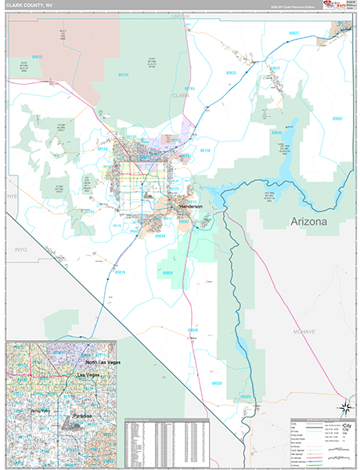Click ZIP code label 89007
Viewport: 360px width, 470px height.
337,118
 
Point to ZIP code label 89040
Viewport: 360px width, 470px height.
276,133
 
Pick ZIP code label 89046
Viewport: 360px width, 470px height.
192,331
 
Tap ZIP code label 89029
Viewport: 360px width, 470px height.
245,397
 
